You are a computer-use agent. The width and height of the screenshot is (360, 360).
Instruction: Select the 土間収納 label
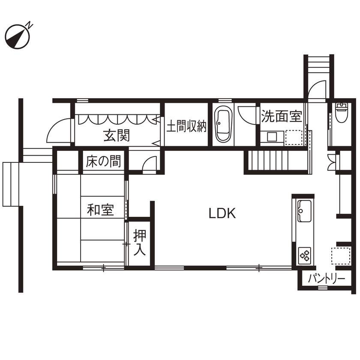point(186,126)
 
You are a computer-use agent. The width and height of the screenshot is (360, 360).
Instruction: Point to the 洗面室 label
point(282,116)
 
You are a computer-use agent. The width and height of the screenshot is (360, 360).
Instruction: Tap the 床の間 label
point(103,162)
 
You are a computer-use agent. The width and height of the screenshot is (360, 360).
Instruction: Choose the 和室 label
point(100,210)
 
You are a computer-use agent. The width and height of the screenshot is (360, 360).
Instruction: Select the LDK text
point(222,213)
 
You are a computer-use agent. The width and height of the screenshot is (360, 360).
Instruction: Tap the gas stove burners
point(305,255)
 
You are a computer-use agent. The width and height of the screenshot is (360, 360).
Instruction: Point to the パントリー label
point(327,279)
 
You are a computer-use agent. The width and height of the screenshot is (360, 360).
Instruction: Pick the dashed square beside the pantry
point(341,256)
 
